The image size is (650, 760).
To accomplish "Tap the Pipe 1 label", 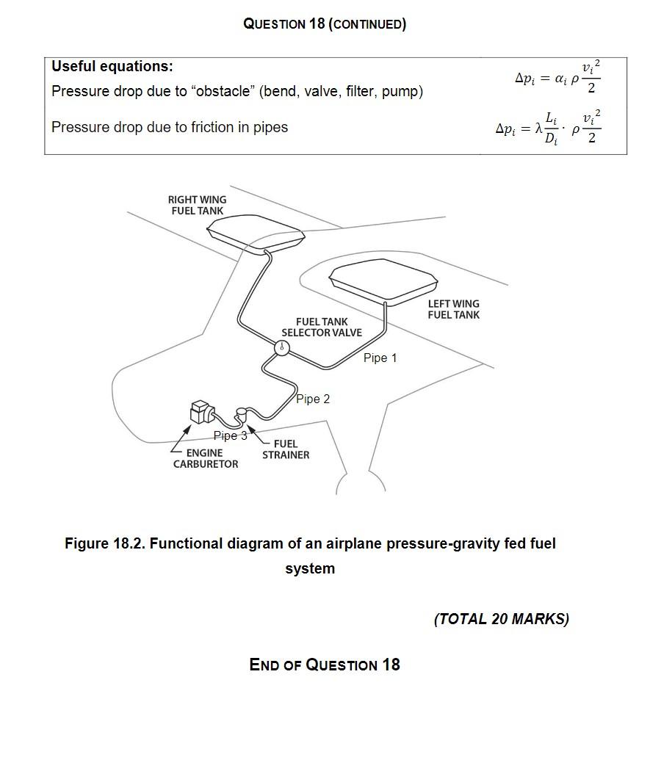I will [380, 358].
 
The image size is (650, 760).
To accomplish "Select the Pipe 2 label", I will [314, 399].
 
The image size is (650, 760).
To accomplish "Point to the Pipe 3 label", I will [230, 435].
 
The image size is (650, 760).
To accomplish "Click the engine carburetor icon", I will [201, 413].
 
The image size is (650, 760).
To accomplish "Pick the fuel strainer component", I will [242, 415].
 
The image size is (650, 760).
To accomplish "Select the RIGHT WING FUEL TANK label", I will [197, 205].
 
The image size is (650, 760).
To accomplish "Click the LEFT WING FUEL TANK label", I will [453, 309].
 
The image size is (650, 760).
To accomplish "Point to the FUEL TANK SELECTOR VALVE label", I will [322, 327].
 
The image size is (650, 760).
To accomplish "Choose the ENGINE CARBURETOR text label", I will [205, 458].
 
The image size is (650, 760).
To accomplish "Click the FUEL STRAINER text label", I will [286, 449].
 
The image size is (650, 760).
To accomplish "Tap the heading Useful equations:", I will [112, 67].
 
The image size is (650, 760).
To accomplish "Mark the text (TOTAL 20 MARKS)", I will [501, 619].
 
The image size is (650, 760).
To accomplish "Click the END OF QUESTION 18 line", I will [325, 665].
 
